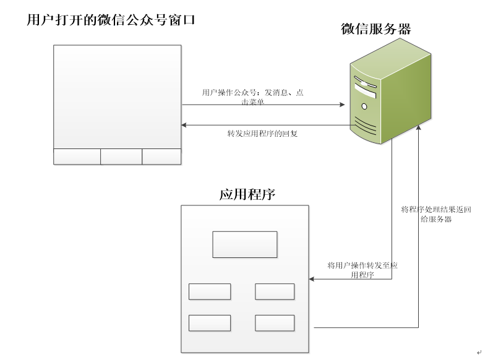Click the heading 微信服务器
(375, 28)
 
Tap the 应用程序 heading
(247, 194)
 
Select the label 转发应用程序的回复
(263, 133)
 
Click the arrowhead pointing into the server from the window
(341, 105)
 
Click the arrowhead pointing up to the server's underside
(419, 127)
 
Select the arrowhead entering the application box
(312, 280)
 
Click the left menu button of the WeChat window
(77, 156)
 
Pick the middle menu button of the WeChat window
(121, 156)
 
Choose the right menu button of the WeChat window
(161, 156)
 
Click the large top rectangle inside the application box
(244, 244)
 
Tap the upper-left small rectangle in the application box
(210, 291)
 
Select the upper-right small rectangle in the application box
(275, 291)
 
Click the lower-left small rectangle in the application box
(210, 323)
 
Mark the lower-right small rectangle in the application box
(275, 323)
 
